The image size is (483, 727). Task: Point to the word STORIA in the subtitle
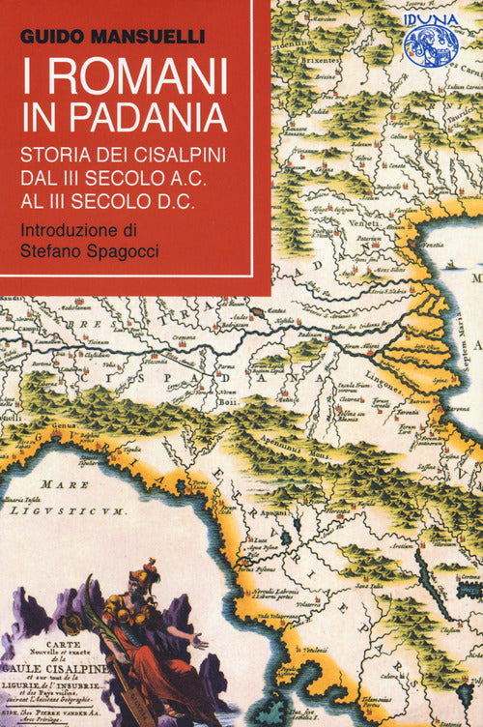tap(59, 154)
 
